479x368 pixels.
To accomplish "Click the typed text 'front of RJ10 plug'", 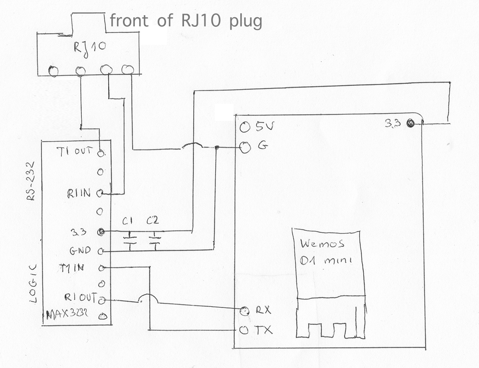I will pyautogui.click(x=186, y=21).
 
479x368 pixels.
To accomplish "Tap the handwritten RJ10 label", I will pyautogui.click(x=90, y=47).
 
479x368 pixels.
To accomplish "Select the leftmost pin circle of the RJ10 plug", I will pyautogui.click(x=53, y=71).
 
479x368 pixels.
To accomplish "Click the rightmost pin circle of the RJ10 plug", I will pyautogui.click(x=127, y=70).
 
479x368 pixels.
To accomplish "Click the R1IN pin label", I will pyautogui.click(x=79, y=194).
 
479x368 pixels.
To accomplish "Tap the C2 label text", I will pyautogui.click(x=153, y=221).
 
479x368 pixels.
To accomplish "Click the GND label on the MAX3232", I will pyautogui.click(x=80, y=251).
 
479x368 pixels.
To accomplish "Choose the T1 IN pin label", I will pyautogui.click(x=72, y=268).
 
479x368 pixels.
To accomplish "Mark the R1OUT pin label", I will pyautogui.click(x=80, y=298).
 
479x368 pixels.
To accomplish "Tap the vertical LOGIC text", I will pyautogui.click(x=34, y=283).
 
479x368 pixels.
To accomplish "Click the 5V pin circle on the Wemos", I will pyautogui.click(x=245, y=127).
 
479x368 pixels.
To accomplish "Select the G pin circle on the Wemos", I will pyautogui.click(x=245, y=148).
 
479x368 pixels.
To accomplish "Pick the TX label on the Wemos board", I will pyautogui.click(x=263, y=330).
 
